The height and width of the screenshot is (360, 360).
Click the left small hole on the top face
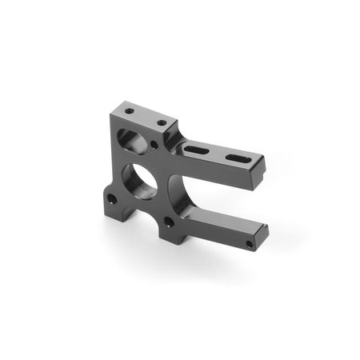(129, 110)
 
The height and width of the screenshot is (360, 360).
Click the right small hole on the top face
(162, 123)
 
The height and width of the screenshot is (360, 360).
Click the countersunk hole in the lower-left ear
(113, 198)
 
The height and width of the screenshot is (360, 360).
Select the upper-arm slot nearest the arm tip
(236, 160)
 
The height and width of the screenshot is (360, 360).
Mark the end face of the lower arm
(264, 235)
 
